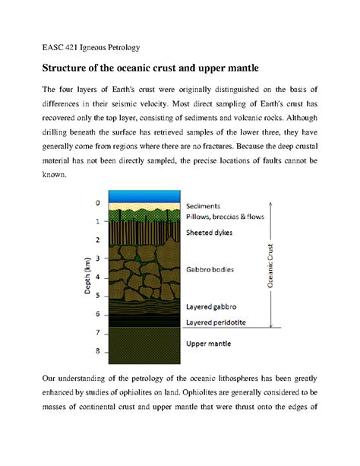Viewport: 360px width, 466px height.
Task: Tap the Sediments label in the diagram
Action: (x=203, y=206)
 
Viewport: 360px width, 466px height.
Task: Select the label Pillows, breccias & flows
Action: (x=225, y=216)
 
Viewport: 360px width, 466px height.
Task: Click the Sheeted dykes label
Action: (x=210, y=233)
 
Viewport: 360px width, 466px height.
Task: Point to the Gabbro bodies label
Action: (x=210, y=270)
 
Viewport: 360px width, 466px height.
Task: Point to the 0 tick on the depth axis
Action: (x=96, y=203)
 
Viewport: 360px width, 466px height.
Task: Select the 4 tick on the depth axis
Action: (x=96, y=277)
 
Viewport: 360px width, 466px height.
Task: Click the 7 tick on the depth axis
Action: (x=96, y=333)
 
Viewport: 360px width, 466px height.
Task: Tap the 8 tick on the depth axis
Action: (x=96, y=352)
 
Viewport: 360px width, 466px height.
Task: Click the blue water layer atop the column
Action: (x=144, y=195)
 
